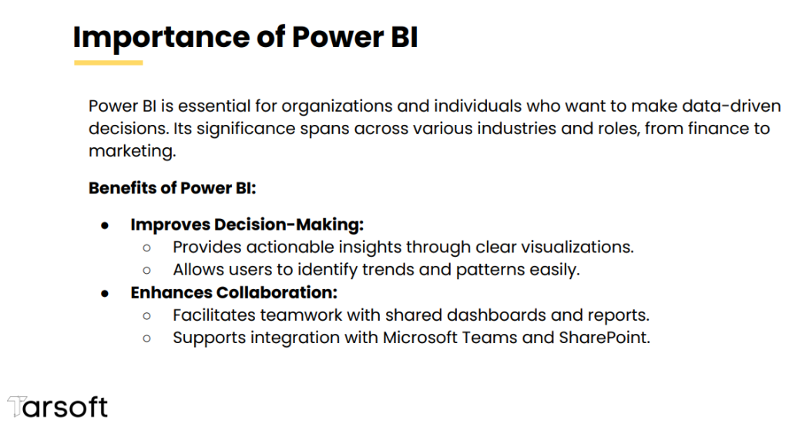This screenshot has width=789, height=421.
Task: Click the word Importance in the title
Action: click(x=161, y=38)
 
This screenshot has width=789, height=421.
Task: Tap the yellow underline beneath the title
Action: click(x=108, y=63)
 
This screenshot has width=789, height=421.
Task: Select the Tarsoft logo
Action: click(x=57, y=407)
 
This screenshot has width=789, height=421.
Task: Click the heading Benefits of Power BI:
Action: click(x=172, y=188)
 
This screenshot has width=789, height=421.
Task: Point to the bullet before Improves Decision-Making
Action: click(x=105, y=226)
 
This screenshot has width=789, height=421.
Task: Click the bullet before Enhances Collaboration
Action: click(x=105, y=294)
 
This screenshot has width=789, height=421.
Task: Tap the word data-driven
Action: click(x=731, y=106)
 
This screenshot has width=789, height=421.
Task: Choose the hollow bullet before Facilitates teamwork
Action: click(x=147, y=316)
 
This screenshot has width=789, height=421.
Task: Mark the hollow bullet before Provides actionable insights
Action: click(x=147, y=248)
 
